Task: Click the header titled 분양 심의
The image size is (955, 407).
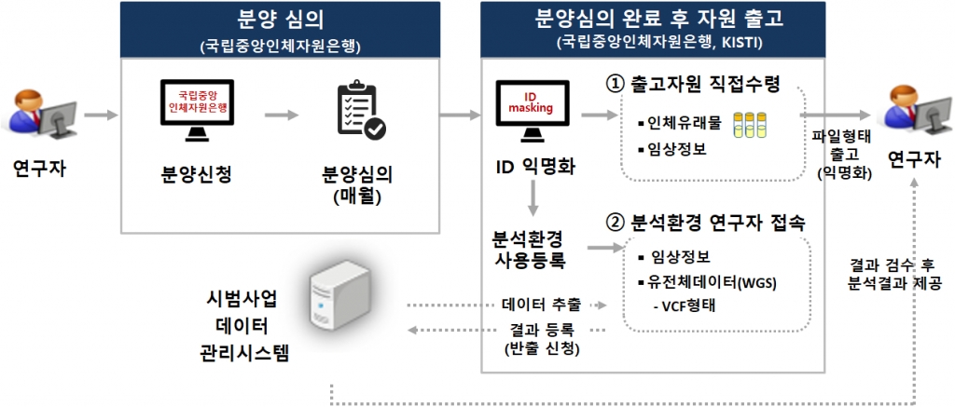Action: coord(280,20)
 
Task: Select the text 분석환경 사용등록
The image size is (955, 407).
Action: coord(529,246)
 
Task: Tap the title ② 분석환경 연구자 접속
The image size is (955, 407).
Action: coord(705,224)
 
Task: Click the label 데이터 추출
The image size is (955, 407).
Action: coord(541,305)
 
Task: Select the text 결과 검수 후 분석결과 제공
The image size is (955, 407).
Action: coord(894,273)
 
